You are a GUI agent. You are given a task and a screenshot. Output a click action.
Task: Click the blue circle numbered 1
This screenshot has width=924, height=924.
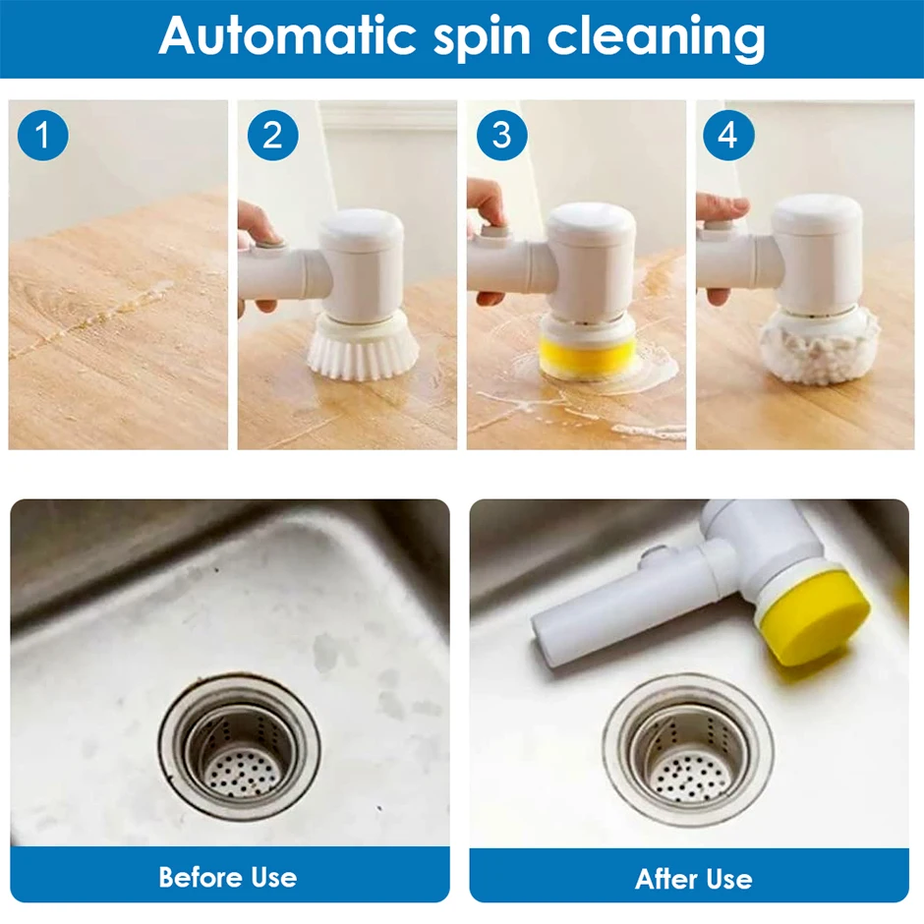pos(42,135)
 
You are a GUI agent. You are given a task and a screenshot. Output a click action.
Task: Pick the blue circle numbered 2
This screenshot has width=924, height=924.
pos(272,135)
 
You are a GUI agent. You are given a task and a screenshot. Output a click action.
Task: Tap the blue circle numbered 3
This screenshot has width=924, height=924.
pos(501,135)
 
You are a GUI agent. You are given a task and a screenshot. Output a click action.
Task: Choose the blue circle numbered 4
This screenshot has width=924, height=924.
pos(727,135)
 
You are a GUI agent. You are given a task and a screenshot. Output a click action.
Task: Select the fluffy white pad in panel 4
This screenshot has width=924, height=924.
pos(818,340)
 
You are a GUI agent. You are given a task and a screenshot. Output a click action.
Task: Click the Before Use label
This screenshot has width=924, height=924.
pos(228,876)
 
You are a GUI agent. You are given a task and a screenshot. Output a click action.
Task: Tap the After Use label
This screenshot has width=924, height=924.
pos(693,878)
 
